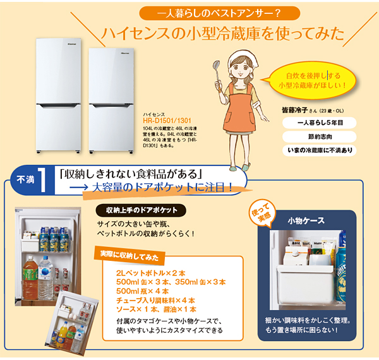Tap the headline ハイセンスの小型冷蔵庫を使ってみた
tap(224, 32)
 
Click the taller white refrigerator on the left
tap(60, 95)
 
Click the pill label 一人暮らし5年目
tap(318, 123)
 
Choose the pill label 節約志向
tap(318, 136)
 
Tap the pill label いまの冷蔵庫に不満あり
tap(318, 150)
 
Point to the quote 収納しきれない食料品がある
tap(130, 172)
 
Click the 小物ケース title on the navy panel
tap(306, 220)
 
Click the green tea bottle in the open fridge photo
tap(29, 276)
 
